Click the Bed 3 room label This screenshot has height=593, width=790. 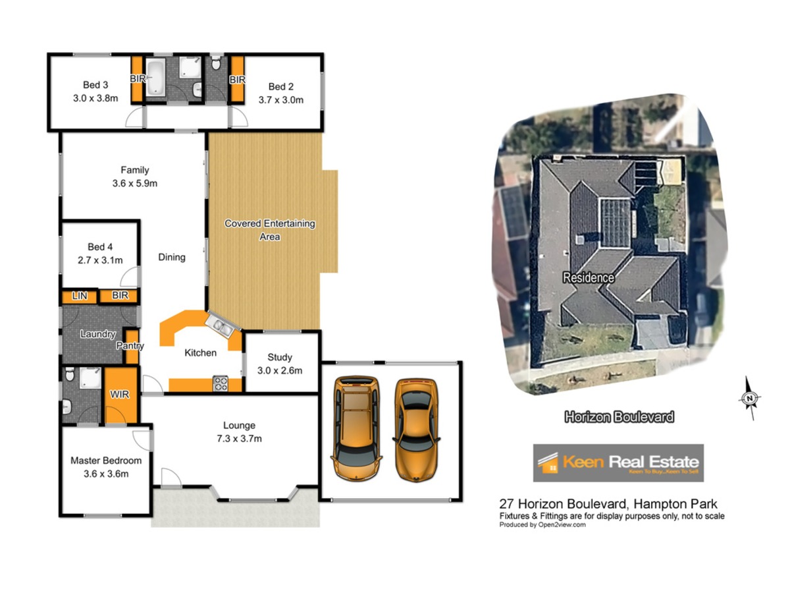[x=95, y=85]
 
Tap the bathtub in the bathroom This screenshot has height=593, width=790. [x=155, y=77]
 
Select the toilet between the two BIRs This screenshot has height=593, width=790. [x=215, y=63]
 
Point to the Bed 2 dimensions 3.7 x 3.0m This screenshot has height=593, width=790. [x=280, y=99]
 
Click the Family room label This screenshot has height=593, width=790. [x=134, y=170]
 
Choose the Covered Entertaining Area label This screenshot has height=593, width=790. [x=269, y=230]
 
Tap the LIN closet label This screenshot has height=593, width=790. [x=80, y=296]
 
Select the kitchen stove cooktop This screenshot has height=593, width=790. [x=221, y=383]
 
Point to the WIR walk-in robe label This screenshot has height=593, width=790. [x=120, y=395]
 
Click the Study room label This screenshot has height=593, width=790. [x=280, y=357]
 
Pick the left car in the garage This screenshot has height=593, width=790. [x=356, y=428]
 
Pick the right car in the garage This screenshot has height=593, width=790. [x=417, y=430]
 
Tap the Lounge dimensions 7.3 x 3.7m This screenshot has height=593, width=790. [x=239, y=439]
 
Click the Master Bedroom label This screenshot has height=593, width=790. [x=106, y=461]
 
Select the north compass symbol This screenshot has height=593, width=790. [x=749, y=398]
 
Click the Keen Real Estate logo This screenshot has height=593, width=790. [x=618, y=463]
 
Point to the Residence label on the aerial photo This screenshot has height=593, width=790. [x=588, y=277]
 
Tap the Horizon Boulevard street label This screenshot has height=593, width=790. [x=619, y=417]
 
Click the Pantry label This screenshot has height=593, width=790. [x=130, y=346]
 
